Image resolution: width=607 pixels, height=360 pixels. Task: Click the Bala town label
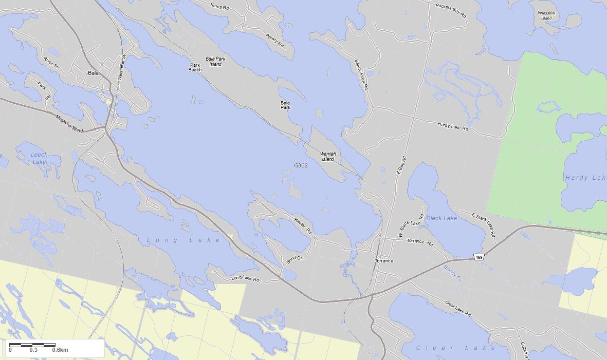[93, 73]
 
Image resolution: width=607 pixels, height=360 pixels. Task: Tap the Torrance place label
[384, 261]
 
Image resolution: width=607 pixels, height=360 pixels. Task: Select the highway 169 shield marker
[479, 257]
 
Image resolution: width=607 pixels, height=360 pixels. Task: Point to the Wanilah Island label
[327, 157]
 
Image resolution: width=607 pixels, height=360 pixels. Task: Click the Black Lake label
[442, 218]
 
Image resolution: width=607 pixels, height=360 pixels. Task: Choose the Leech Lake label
[39, 158]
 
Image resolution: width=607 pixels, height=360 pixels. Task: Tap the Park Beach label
[195, 67]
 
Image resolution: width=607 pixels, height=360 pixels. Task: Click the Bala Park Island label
[215, 62]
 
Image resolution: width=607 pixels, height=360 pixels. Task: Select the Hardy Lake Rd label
[453, 126]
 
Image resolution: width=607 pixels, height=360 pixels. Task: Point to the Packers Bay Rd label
[450, 10]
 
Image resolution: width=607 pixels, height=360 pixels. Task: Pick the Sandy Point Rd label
[361, 74]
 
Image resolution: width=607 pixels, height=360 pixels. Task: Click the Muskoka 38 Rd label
[69, 124]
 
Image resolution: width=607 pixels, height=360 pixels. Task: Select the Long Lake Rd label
[245, 279]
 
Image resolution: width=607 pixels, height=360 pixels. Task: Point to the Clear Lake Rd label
[457, 309]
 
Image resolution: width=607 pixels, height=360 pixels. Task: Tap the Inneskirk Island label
[546, 15]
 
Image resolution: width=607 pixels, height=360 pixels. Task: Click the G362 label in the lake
[301, 165]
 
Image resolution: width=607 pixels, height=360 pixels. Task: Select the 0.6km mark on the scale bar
[60, 350]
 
